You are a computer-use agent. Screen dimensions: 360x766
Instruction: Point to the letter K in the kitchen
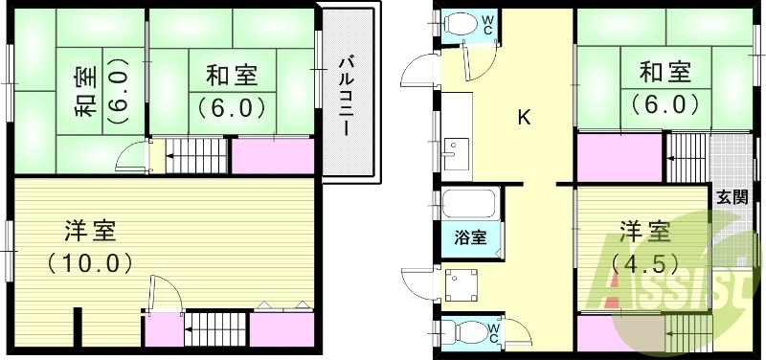coord(524,118)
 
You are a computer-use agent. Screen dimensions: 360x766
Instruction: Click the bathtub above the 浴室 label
coord(468,204)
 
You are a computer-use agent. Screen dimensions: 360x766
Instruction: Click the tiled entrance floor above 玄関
coord(733,156)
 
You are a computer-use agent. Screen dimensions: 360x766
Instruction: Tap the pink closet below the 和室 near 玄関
coord(619,156)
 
